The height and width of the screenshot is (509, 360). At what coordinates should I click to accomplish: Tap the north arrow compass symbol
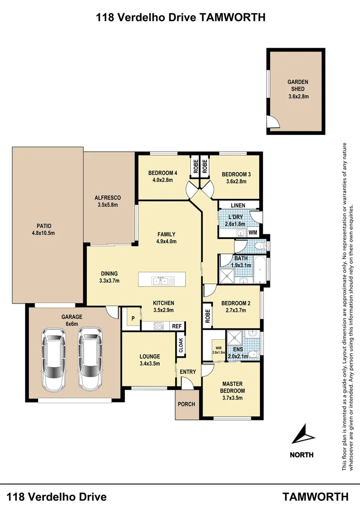tap(302, 434)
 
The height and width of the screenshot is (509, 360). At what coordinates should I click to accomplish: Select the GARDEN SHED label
tap(298, 85)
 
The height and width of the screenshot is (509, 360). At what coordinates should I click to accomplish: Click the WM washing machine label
tap(253, 232)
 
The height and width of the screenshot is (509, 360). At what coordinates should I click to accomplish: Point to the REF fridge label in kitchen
tap(177, 326)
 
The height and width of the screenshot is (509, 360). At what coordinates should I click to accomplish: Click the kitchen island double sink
tap(161, 281)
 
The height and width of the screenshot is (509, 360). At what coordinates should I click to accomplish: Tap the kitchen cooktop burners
tap(159, 325)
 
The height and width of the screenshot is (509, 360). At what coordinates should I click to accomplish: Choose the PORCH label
tap(186, 404)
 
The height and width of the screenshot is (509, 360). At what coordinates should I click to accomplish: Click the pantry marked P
tap(133, 318)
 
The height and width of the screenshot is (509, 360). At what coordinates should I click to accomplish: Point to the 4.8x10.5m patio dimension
tap(41, 233)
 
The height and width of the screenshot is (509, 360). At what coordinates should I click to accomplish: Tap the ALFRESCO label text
tap(108, 197)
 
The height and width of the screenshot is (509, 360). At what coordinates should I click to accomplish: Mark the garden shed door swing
tap(273, 123)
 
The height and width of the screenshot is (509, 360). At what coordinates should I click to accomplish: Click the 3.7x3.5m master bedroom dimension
tap(233, 398)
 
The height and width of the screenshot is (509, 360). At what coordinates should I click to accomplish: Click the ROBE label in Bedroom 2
tap(207, 315)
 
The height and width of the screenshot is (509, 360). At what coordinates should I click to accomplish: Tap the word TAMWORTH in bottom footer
tap(315, 497)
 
